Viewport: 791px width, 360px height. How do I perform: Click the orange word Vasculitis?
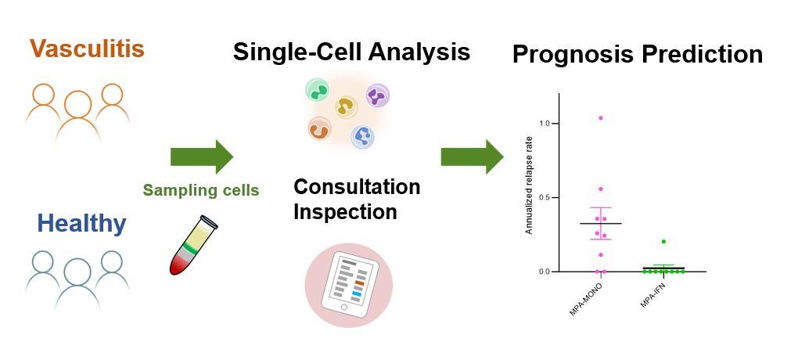[87, 49]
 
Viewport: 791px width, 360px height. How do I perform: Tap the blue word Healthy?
[81, 224]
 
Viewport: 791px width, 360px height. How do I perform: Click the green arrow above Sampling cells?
[201, 157]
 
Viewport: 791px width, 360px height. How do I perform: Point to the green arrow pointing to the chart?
[472, 157]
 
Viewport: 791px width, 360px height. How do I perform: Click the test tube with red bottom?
[192, 245]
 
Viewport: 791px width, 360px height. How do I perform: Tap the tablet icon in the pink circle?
[350, 285]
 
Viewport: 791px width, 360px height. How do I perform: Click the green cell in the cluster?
[318, 90]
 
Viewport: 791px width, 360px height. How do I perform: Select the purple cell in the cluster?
[377, 95]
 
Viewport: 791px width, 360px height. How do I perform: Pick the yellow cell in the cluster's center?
[346, 107]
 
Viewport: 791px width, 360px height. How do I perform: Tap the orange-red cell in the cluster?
[319, 128]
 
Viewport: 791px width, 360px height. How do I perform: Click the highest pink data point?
[600, 118]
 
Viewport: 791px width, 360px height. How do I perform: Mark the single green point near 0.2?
[663, 242]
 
